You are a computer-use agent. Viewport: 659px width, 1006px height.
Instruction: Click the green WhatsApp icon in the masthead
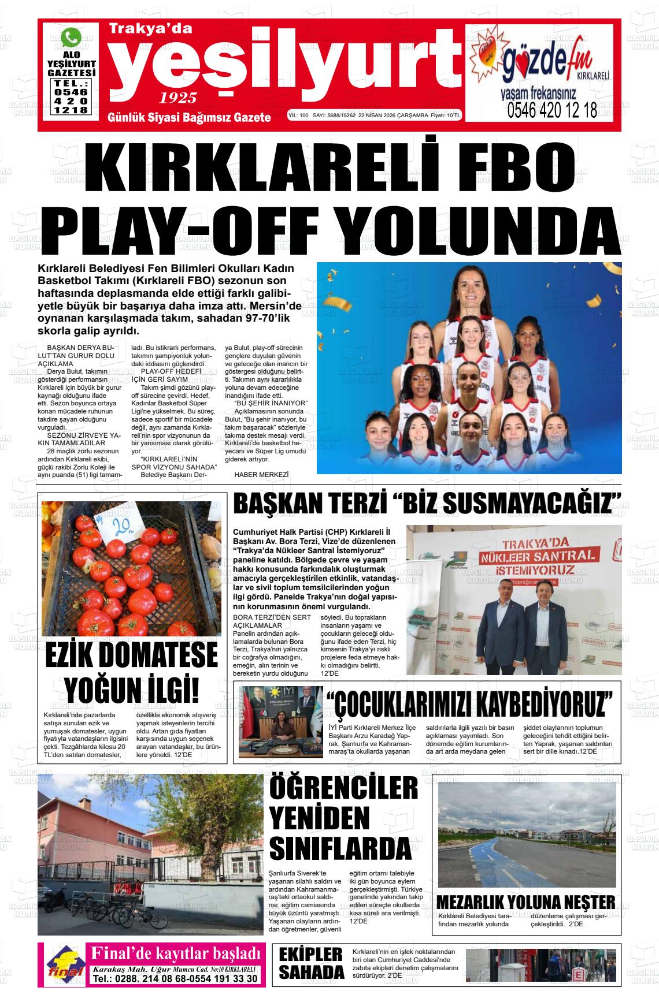tap(71, 38)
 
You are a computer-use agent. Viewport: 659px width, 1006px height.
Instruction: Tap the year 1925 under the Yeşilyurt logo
tap(179, 96)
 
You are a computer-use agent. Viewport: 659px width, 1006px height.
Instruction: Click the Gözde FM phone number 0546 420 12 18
tap(551, 110)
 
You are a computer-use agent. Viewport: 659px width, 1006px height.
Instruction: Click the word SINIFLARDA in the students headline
tap(340, 848)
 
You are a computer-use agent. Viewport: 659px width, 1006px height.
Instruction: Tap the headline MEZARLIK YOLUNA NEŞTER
tap(525, 902)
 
